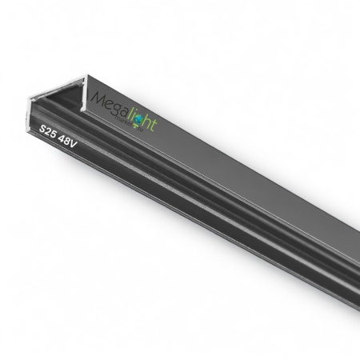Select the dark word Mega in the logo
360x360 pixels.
click(x=109, y=101)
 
